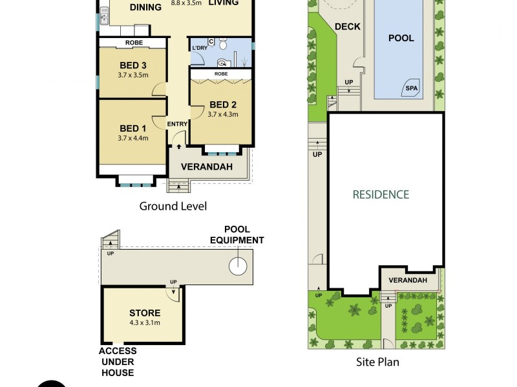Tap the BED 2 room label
click(224, 104)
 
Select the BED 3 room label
click(134, 64)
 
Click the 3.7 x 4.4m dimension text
click(134, 137)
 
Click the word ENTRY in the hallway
click(177, 124)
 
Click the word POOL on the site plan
click(401, 38)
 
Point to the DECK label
click(348, 26)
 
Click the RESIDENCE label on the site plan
click(381, 193)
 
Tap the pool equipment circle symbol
click(238, 264)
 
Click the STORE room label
click(145, 313)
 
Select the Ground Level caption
click(173, 206)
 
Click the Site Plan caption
click(378, 362)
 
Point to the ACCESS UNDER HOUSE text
click(118, 362)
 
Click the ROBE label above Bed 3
click(134, 43)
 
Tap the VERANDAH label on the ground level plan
click(207, 166)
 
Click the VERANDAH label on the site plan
click(407, 280)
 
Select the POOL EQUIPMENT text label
click(237, 235)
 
